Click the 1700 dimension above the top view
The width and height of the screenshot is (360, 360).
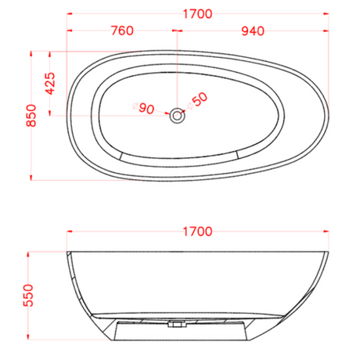pyautogui.click(x=197, y=14)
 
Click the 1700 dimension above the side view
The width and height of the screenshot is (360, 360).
pyautogui.click(x=197, y=232)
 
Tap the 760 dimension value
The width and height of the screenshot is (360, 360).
pyautogui.click(x=122, y=31)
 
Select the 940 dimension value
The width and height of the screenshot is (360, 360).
pyautogui.click(x=253, y=31)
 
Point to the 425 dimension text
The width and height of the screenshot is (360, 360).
pyautogui.click(x=50, y=84)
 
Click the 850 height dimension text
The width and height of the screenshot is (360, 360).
pyautogui.click(x=31, y=116)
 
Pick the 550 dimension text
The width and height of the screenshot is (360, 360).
pyautogui.click(x=28, y=296)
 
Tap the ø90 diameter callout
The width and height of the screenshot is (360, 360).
pyautogui.click(x=143, y=108)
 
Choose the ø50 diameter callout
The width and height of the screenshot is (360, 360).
pyautogui.click(x=197, y=101)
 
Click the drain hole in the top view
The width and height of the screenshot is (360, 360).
pyautogui.click(x=177, y=116)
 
